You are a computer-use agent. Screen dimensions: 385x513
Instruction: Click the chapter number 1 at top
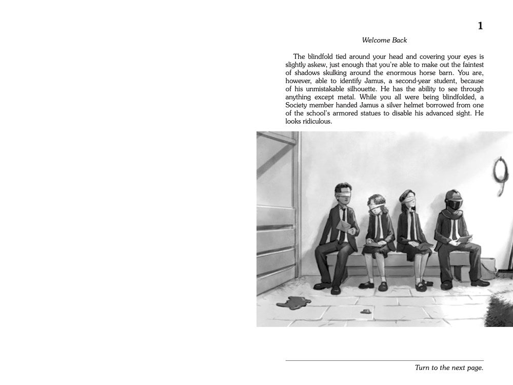tap(480, 26)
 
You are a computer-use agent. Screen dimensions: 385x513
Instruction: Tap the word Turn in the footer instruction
tap(424, 368)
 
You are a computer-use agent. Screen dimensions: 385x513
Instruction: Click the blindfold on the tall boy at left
tap(341, 194)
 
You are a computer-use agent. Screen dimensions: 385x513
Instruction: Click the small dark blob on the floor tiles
tap(366, 311)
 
